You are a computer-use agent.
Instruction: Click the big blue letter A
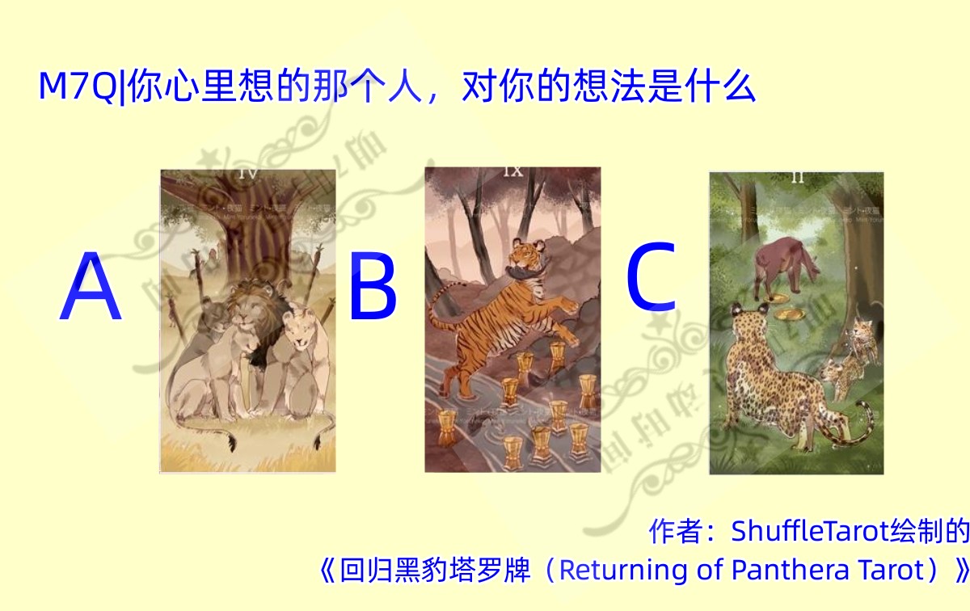(91, 288)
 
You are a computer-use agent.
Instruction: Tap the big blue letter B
(373, 286)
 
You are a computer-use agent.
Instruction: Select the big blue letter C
(651, 278)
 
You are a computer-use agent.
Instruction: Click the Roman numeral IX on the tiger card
(512, 171)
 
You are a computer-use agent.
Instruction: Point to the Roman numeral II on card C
(797, 178)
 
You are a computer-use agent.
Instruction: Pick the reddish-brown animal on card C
(780, 263)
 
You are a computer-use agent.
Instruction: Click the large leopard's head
(745, 317)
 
